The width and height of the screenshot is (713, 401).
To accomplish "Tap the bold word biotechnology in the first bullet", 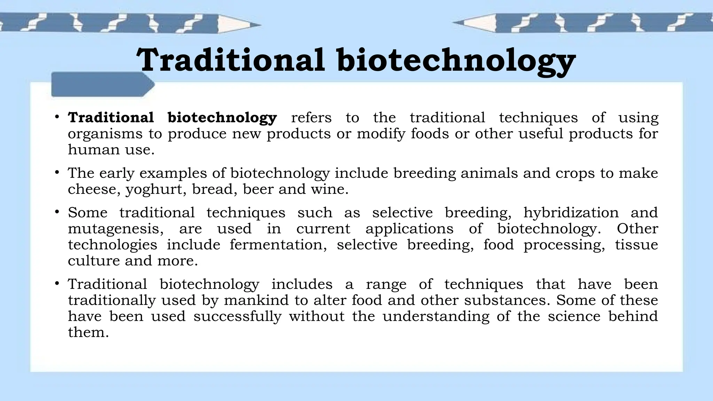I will click(x=222, y=118).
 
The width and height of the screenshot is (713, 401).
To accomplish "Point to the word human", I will click(x=88, y=150).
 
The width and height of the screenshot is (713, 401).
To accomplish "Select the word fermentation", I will click(x=278, y=245).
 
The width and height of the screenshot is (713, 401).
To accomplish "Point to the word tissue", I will click(x=636, y=245).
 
